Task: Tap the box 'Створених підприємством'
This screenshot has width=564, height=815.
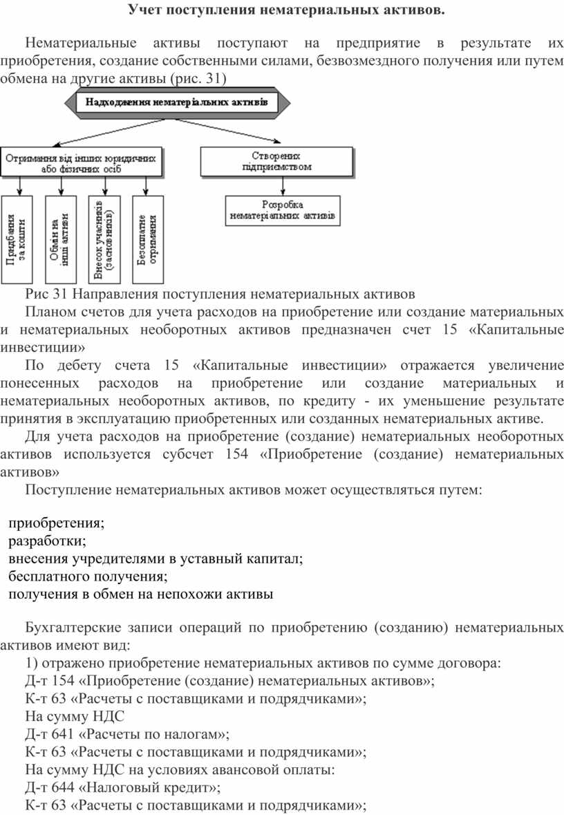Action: point(276,161)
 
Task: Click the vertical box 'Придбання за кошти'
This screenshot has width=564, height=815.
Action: point(18,239)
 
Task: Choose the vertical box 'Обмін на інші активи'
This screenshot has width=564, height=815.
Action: point(61,239)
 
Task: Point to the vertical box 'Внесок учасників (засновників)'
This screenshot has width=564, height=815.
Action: point(104,239)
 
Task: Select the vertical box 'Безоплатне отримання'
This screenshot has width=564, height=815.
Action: point(147,239)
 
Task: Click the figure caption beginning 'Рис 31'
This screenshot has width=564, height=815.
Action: point(220,292)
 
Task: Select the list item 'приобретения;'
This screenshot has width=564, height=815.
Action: point(57,522)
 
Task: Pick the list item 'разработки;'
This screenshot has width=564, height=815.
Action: point(48,540)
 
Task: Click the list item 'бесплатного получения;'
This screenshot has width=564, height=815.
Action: point(88,576)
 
